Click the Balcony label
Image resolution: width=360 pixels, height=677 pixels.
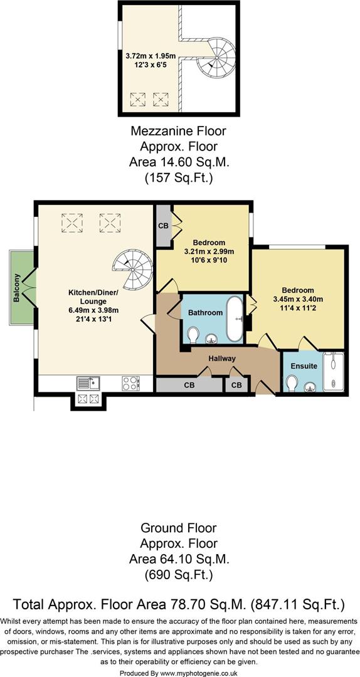tap(17, 288)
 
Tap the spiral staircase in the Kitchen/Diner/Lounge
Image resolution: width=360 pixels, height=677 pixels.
tap(133, 269)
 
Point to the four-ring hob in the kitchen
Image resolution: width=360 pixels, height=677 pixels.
tap(130, 382)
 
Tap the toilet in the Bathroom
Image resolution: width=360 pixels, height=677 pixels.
tap(193, 335)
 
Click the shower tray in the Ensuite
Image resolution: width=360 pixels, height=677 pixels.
tap(334, 373)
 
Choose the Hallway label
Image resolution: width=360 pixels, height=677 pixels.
tap(223, 359)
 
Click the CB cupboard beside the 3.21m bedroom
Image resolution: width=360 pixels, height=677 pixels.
tap(163, 224)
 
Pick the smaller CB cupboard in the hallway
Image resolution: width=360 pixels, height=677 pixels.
tap(236, 385)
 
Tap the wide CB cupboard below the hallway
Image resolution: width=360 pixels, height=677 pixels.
tap(189, 385)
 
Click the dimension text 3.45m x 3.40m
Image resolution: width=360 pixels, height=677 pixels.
tap(297, 300)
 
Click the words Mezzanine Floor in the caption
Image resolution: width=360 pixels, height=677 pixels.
tap(178, 132)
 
